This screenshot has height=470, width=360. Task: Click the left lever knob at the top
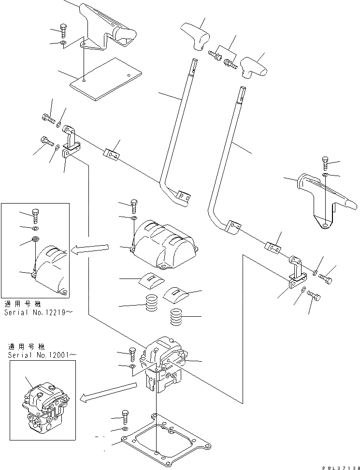click(x=197, y=35)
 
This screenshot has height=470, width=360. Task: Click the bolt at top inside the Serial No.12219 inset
click(x=35, y=215)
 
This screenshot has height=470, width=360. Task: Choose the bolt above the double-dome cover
click(x=134, y=206)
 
